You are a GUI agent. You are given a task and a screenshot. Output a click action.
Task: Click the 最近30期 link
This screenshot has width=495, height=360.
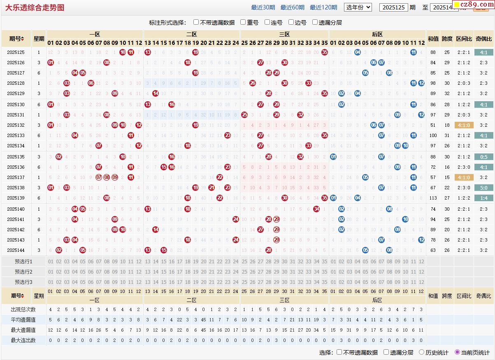point(263,7)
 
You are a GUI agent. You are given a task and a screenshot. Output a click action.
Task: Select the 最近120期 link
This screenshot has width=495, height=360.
point(323,7)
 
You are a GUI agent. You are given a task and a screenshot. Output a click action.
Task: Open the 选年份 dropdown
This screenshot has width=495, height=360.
point(358,7)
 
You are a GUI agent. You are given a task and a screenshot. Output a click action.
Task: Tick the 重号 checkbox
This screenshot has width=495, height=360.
point(243,22)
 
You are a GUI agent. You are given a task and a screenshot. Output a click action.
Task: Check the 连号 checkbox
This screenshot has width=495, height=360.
point(267,22)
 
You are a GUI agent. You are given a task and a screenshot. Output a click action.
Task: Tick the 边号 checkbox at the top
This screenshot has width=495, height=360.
point(291,22)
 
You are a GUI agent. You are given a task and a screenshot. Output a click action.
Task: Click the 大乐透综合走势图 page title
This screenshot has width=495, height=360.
point(35,7)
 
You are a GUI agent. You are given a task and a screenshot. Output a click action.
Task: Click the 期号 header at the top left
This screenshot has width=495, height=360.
point(16,39)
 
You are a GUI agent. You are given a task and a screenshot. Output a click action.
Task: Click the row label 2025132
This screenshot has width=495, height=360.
point(16,125)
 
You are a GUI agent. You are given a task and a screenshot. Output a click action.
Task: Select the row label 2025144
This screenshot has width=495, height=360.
point(16,250)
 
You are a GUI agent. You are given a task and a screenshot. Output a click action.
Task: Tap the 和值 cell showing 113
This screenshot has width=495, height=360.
point(433,198)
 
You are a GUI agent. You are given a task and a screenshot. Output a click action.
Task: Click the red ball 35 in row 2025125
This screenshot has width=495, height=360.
point(325,52)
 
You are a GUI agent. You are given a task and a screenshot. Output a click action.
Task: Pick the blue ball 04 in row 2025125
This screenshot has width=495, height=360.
point(358,52)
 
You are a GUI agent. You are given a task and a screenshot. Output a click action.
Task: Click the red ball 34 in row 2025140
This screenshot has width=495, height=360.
point(316,209)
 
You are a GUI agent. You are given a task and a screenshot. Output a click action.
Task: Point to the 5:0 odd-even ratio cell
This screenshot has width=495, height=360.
point(483,188)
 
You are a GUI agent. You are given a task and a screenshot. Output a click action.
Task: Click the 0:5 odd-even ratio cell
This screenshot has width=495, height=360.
point(483,157)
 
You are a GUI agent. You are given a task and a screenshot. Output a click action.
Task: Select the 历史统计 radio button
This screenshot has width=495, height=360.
point(422,352)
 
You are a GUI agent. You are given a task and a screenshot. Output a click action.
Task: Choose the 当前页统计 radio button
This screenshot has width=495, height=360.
point(457,352)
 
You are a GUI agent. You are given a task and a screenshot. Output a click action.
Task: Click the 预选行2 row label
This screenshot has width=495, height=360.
point(23,272)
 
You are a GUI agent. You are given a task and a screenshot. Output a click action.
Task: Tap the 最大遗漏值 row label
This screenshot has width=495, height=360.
point(23,330)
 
